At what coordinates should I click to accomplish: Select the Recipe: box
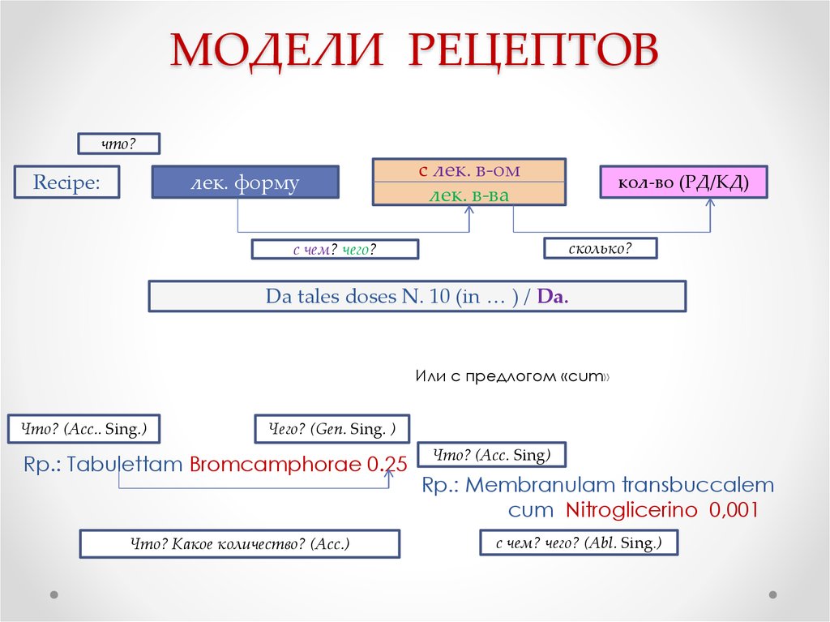(x=66, y=182)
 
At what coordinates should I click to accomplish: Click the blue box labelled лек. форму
(x=245, y=182)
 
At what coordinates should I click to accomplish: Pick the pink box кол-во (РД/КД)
(x=683, y=182)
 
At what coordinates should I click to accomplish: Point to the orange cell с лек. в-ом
(x=468, y=171)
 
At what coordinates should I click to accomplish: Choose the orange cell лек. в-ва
(x=468, y=195)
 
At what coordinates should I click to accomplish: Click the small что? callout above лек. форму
(x=118, y=144)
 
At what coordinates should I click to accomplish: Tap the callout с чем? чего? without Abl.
(x=335, y=250)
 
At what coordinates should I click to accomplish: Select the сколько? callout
(x=600, y=248)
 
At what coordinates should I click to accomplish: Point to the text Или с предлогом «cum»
(x=511, y=377)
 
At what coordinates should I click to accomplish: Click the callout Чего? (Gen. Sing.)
(x=332, y=429)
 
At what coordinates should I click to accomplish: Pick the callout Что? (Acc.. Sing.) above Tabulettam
(x=83, y=429)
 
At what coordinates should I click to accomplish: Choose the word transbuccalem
(x=698, y=486)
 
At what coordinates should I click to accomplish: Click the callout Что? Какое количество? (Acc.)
(x=240, y=543)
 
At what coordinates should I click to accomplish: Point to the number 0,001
(x=734, y=511)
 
